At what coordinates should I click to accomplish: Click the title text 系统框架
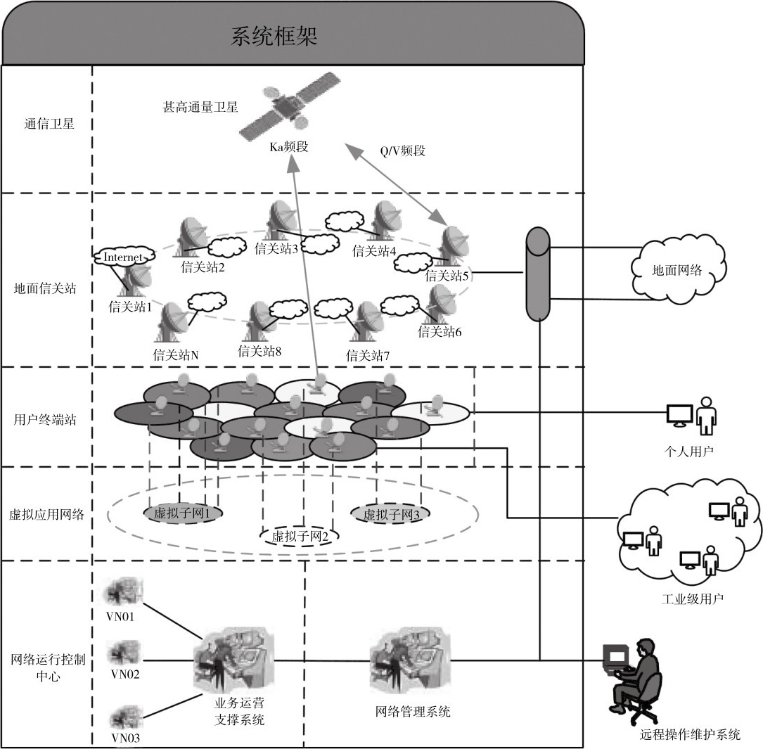pos(274,37)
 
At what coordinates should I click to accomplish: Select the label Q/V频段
pos(403,151)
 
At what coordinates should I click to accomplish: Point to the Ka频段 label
pos(289,147)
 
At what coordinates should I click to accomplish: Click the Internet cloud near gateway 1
pos(122,257)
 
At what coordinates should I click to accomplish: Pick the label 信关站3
pos(276,248)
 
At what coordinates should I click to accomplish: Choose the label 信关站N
pos(176,355)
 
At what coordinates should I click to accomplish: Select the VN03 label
pos(125,738)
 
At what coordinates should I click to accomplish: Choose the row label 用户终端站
pos(45,420)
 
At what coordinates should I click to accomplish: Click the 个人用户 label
pos(688,451)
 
